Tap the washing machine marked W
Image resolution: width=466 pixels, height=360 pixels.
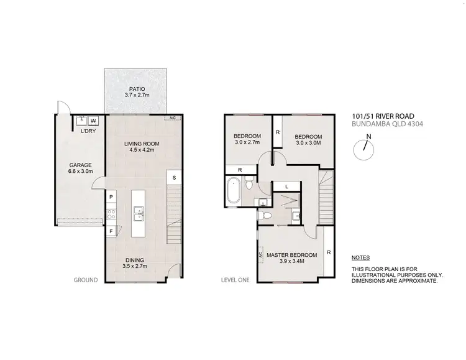coord(93,121)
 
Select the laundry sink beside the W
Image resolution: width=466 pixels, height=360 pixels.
coord(81,121)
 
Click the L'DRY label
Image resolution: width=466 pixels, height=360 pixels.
coord(88,131)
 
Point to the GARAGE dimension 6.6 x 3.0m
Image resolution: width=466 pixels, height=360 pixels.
coord(80,171)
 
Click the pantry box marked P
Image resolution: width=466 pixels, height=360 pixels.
coord(111,197)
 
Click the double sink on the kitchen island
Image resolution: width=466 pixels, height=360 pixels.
coord(139,216)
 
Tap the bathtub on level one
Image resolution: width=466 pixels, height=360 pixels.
coord(234,191)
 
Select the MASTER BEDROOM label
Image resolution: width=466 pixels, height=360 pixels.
coord(291,255)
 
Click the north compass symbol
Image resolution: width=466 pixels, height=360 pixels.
coord(367,147)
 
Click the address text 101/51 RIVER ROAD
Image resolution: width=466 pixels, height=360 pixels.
coord(380,116)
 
